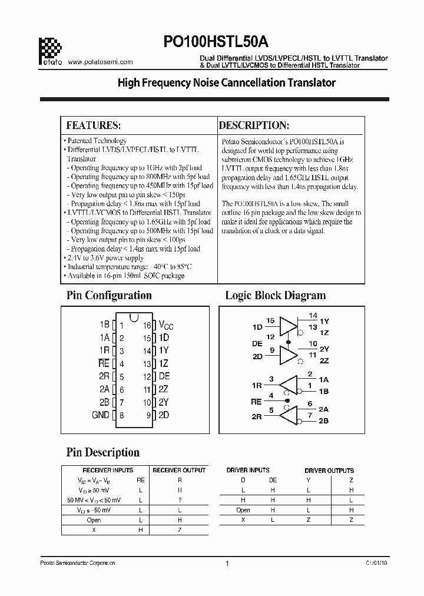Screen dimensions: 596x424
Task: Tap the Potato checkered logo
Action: [49, 47]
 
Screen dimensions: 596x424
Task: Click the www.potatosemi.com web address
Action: [101, 61]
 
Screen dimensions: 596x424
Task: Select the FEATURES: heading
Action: [94, 125]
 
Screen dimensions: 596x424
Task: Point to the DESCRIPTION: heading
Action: [254, 125]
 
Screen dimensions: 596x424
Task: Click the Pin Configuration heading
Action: [108, 295]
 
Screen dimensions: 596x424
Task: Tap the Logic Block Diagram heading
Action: [275, 295]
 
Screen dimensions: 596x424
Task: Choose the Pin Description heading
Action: [102, 452]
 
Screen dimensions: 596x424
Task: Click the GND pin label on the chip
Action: [100, 415]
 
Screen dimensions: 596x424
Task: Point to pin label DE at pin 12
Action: [164, 376]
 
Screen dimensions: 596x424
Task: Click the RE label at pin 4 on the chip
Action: [104, 364]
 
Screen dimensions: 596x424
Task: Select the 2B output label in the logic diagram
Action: [323, 421]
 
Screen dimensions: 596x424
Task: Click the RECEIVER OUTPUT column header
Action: [179, 470]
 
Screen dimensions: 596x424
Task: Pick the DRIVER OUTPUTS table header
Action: [329, 471]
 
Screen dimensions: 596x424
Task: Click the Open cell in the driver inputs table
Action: [243, 510]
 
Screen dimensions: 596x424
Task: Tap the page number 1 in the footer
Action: [227, 563]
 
